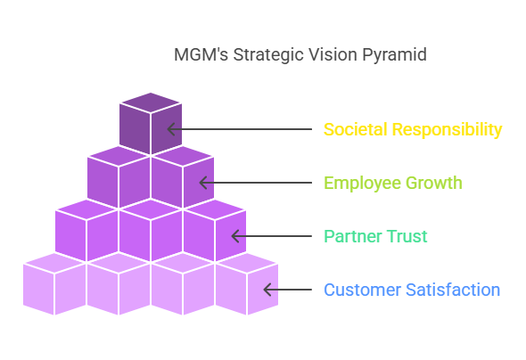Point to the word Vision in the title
tap(333, 54)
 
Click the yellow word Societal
tap(355, 129)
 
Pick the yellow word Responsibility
tap(448, 130)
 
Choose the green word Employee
tap(362, 184)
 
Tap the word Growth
tap(434, 183)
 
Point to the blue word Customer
tap(363, 290)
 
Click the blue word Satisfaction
tap(453, 290)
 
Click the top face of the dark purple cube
tap(151, 102)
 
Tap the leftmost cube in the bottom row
tap(54, 284)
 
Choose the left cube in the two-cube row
tap(119, 177)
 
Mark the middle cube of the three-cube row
tap(151, 231)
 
